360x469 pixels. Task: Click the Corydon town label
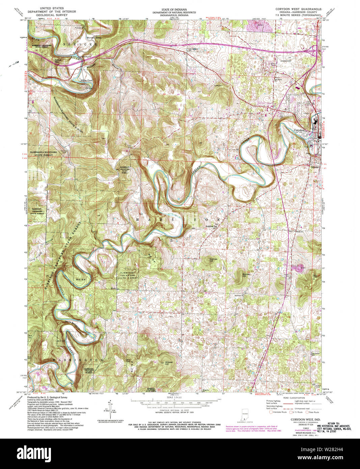click(299, 130)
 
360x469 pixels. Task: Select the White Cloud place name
click(86, 80)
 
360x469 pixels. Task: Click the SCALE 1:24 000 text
click(174, 397)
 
